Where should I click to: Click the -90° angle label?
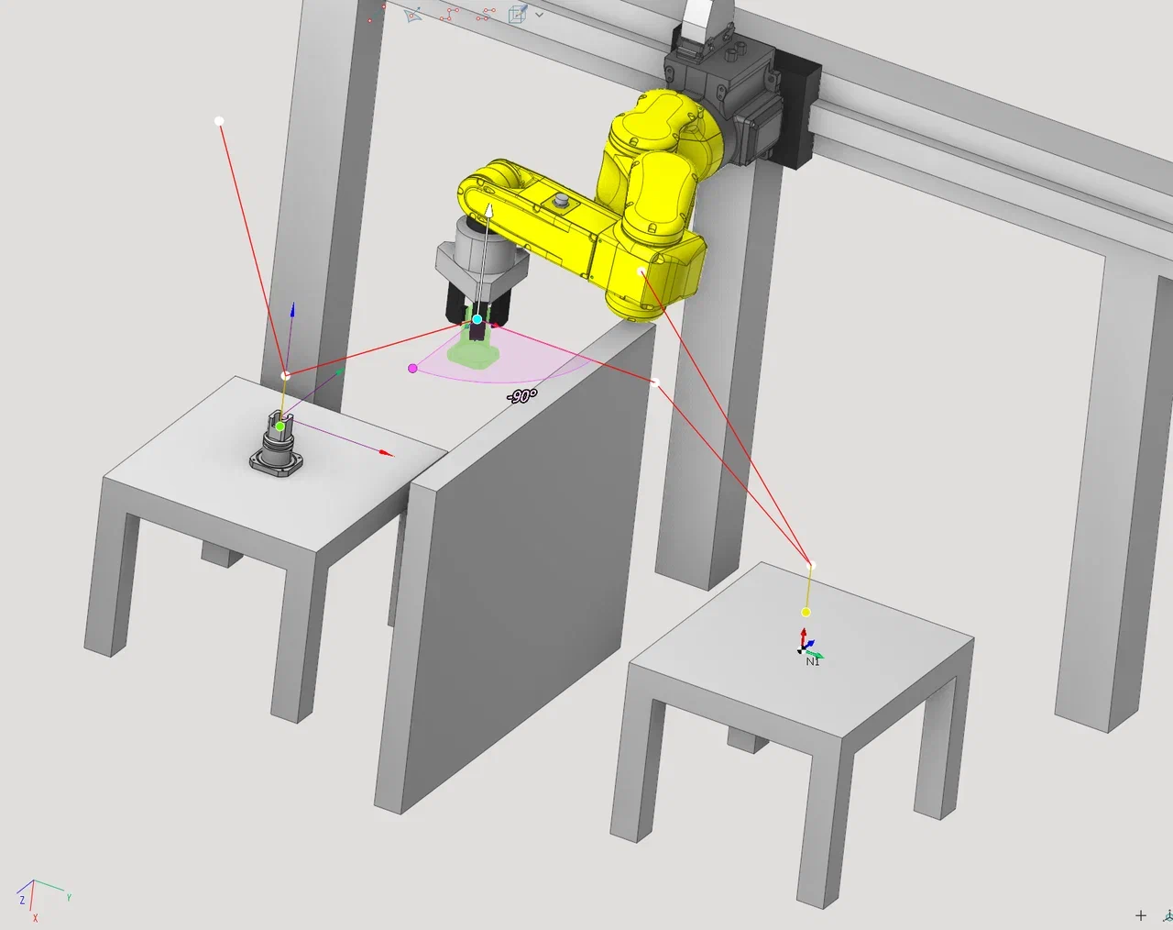[x=521, y=396]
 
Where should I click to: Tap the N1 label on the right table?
[x=812, y=661]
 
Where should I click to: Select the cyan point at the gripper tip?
[x=477, y=319]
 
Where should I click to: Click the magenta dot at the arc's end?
[x=412, y=369]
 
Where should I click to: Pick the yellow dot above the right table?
[x=806, y=613]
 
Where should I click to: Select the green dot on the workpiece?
[x=280, y=426]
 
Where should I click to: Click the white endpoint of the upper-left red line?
[x=219, y=121]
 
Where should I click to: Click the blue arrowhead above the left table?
[x=292, y=310]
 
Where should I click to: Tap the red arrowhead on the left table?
[x=386, y=453]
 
